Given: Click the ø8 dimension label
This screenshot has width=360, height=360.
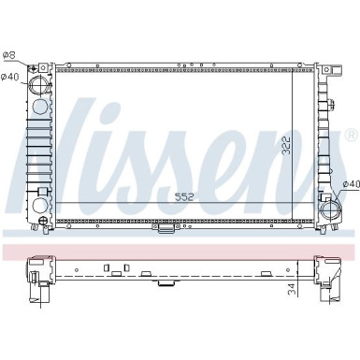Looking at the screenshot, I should tap(10, 55).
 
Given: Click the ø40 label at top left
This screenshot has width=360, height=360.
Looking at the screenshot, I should tap(10, 78).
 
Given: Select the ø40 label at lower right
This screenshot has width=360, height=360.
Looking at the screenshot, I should tap(350, 183).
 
